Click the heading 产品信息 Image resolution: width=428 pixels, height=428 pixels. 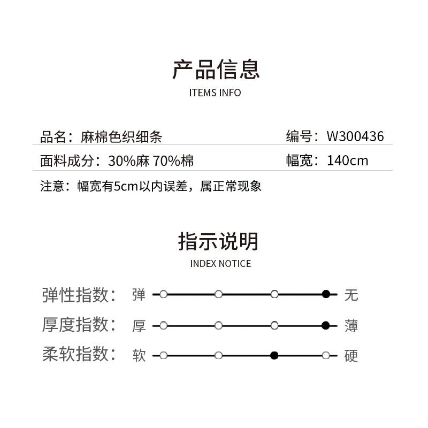(x=216, y=70)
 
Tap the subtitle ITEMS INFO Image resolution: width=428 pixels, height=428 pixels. (x=215, y=93)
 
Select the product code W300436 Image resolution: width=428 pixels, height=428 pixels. (x=355, y=136)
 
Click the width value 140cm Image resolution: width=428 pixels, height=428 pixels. (x=347, y=160)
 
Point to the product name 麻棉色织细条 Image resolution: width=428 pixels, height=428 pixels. (x=121, y=137)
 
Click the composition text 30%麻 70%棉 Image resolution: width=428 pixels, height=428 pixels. (x=151, y=161)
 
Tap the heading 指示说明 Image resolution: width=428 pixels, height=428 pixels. (x=218, y=241)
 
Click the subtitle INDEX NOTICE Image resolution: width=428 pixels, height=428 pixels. (x=220, y=264)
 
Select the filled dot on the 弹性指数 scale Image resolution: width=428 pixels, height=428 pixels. (x=326, y=294)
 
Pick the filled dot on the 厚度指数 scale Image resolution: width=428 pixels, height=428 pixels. (x=326, y=325)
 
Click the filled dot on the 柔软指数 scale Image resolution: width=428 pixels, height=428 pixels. (x=274, y=355)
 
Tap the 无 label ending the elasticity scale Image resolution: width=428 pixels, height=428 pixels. (x=351, y=295)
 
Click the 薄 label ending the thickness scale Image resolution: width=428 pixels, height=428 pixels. (x=351, y=326)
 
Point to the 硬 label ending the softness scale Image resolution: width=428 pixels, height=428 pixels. (x=351, y=356)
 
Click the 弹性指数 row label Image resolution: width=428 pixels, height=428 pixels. (x=79, y=295)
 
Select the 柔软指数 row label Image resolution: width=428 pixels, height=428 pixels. (x=79, y=354)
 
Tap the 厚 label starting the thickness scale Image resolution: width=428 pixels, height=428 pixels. (x=139, y=326)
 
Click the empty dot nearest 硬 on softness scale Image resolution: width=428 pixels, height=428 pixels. (x=326, y=355)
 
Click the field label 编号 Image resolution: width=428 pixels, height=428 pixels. (x=299, y=136)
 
